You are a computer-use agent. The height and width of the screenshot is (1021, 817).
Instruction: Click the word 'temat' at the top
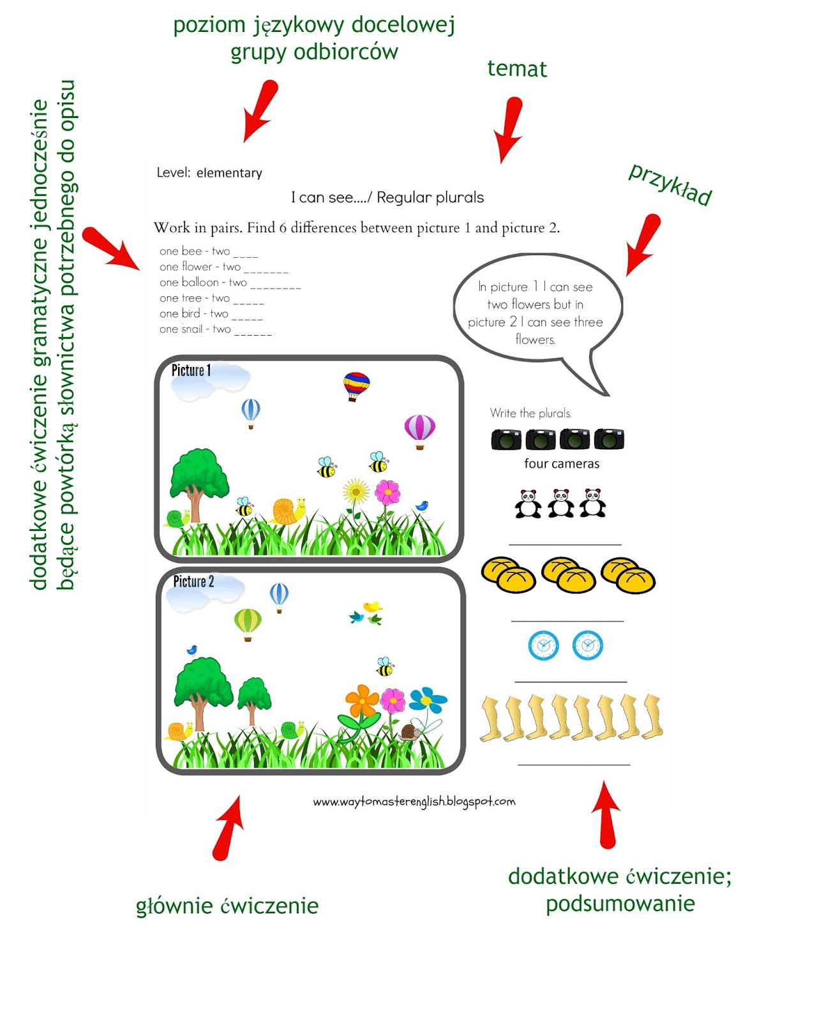(517, 69)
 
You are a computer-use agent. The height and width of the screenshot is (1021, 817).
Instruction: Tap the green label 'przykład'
(670, 184)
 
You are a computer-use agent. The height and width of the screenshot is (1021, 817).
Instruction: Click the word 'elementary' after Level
(229, 173)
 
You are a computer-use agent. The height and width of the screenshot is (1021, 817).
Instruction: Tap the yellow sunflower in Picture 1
(356, 492)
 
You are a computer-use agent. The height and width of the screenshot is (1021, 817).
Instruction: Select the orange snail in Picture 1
(287, 511)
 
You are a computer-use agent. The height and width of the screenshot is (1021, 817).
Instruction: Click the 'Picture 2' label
(193, 581)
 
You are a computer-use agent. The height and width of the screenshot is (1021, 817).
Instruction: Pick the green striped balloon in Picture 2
(248, 623)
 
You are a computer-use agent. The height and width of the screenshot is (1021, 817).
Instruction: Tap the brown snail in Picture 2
(410, 732)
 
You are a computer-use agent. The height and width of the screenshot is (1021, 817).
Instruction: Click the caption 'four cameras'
(562, 464)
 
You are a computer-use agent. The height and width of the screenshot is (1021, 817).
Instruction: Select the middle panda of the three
(561, 503)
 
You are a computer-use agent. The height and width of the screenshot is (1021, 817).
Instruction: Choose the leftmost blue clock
(543, 645)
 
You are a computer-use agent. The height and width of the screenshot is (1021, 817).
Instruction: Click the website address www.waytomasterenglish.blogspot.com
(414, 801)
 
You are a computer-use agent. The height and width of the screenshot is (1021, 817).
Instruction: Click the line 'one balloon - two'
(203, 282)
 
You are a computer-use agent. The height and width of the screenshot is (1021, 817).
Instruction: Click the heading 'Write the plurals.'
(530, 413)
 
